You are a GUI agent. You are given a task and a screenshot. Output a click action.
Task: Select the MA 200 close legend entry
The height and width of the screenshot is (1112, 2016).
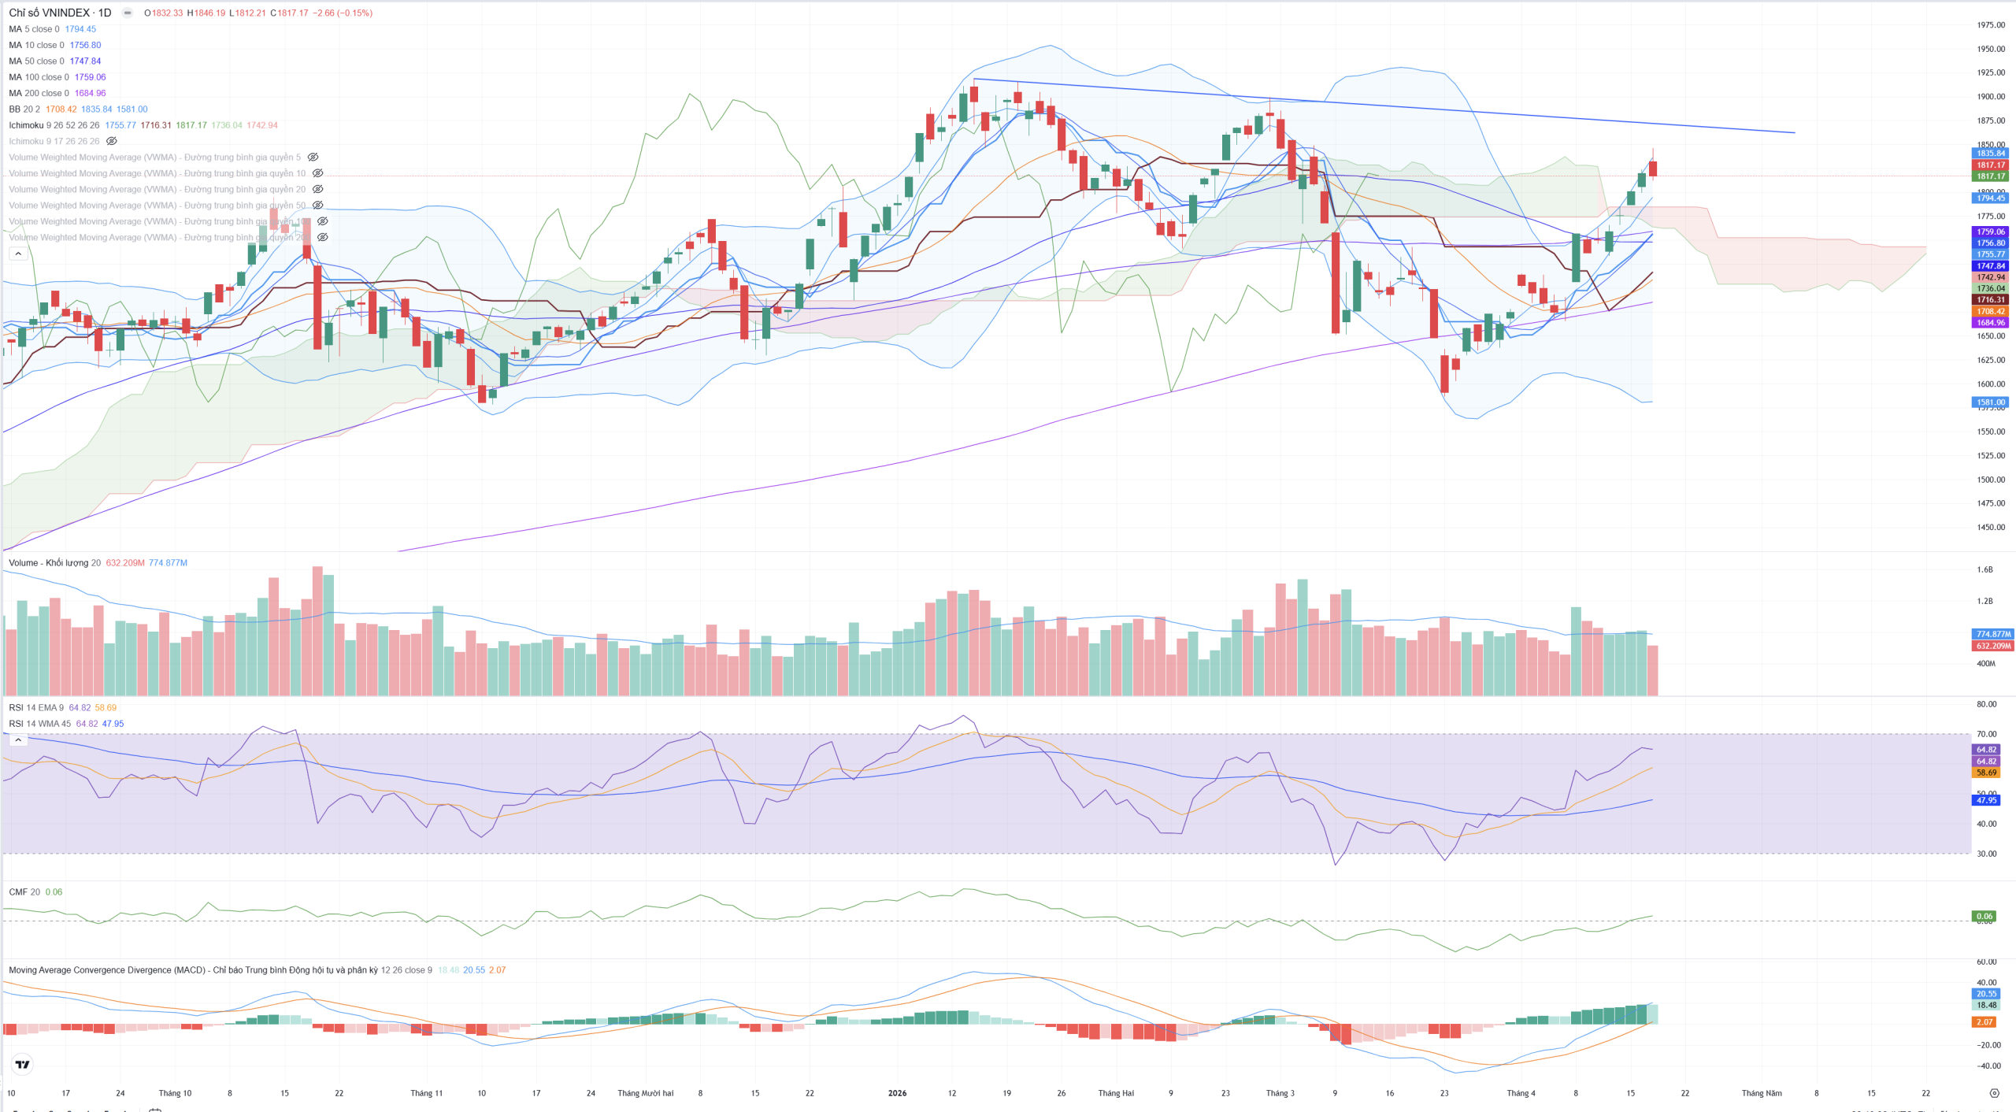point(39,93)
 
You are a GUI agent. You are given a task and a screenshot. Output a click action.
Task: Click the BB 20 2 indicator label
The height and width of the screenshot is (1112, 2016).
point(24,109)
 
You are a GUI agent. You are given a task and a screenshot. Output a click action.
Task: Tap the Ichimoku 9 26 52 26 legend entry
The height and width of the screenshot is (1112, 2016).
point(54,125)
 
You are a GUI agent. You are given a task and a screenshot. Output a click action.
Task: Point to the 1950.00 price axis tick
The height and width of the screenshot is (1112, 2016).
point(1990,49)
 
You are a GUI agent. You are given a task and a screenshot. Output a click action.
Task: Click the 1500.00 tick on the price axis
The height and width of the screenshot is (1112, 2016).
point(1990,480)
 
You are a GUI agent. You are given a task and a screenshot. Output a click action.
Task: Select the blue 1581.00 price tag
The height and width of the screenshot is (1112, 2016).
point(1990,402)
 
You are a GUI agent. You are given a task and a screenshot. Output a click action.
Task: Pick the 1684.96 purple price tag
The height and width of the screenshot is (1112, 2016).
point(1990,323)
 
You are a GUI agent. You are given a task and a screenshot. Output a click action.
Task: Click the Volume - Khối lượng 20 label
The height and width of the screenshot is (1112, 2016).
point(54,563)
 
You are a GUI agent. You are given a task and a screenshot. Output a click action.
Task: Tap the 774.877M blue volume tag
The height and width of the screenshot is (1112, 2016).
point(1992,634)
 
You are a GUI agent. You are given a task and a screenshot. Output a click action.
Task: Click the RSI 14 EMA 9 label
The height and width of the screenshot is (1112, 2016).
point(36,708)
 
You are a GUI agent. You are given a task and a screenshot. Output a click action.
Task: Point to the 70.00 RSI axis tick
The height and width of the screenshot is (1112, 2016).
point(1986,734)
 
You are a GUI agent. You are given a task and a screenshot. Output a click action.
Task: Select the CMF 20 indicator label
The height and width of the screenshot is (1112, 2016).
point(24,892)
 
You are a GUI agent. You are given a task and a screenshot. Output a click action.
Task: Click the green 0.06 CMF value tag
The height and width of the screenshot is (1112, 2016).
point(1984,916)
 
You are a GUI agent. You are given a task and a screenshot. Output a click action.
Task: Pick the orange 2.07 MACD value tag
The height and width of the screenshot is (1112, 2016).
point(1984,1022)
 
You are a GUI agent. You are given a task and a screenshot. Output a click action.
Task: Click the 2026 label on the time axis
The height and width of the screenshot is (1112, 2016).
point(897,1093)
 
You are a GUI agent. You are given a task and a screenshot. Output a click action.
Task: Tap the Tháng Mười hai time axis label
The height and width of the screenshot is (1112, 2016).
point(645,1093)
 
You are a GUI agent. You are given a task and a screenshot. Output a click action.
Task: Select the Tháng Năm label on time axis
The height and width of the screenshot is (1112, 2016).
point(1761,1093)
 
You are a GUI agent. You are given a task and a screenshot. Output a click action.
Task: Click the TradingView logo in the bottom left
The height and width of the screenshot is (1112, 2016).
point(23,1065)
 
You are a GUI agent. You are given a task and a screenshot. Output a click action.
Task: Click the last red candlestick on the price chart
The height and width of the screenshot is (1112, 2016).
point(1653,168)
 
